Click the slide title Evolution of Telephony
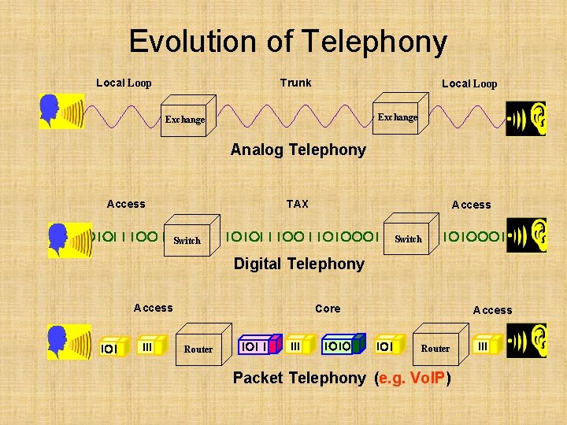pyautogui.click(x=287, y=41)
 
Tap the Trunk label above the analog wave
pyautogui.click(x=295, y=83)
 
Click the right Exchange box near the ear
pyautogui.click(x=398, y=116)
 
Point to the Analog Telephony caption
pyautogui.click(x=298, y=150)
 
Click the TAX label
pyautogui.click(x=297, y=204)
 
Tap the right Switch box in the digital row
pyautogui.click(x=408, y=237)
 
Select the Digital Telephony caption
pyautogui.click(x=298, y=264)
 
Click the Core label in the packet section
pyautogui.click(x=328, y=309)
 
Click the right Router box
pyautogui.click(x=435, y=346)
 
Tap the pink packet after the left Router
pyautogui.click(x=258, y=346)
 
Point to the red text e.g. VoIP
pyautogui.click(x=413, y=378)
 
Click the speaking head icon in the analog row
pyautogui.click(x=61, y=112)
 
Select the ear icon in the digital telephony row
pyautogui.click(x=525, y=235)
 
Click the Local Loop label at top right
pyautogui.click(x=469, y=83)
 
